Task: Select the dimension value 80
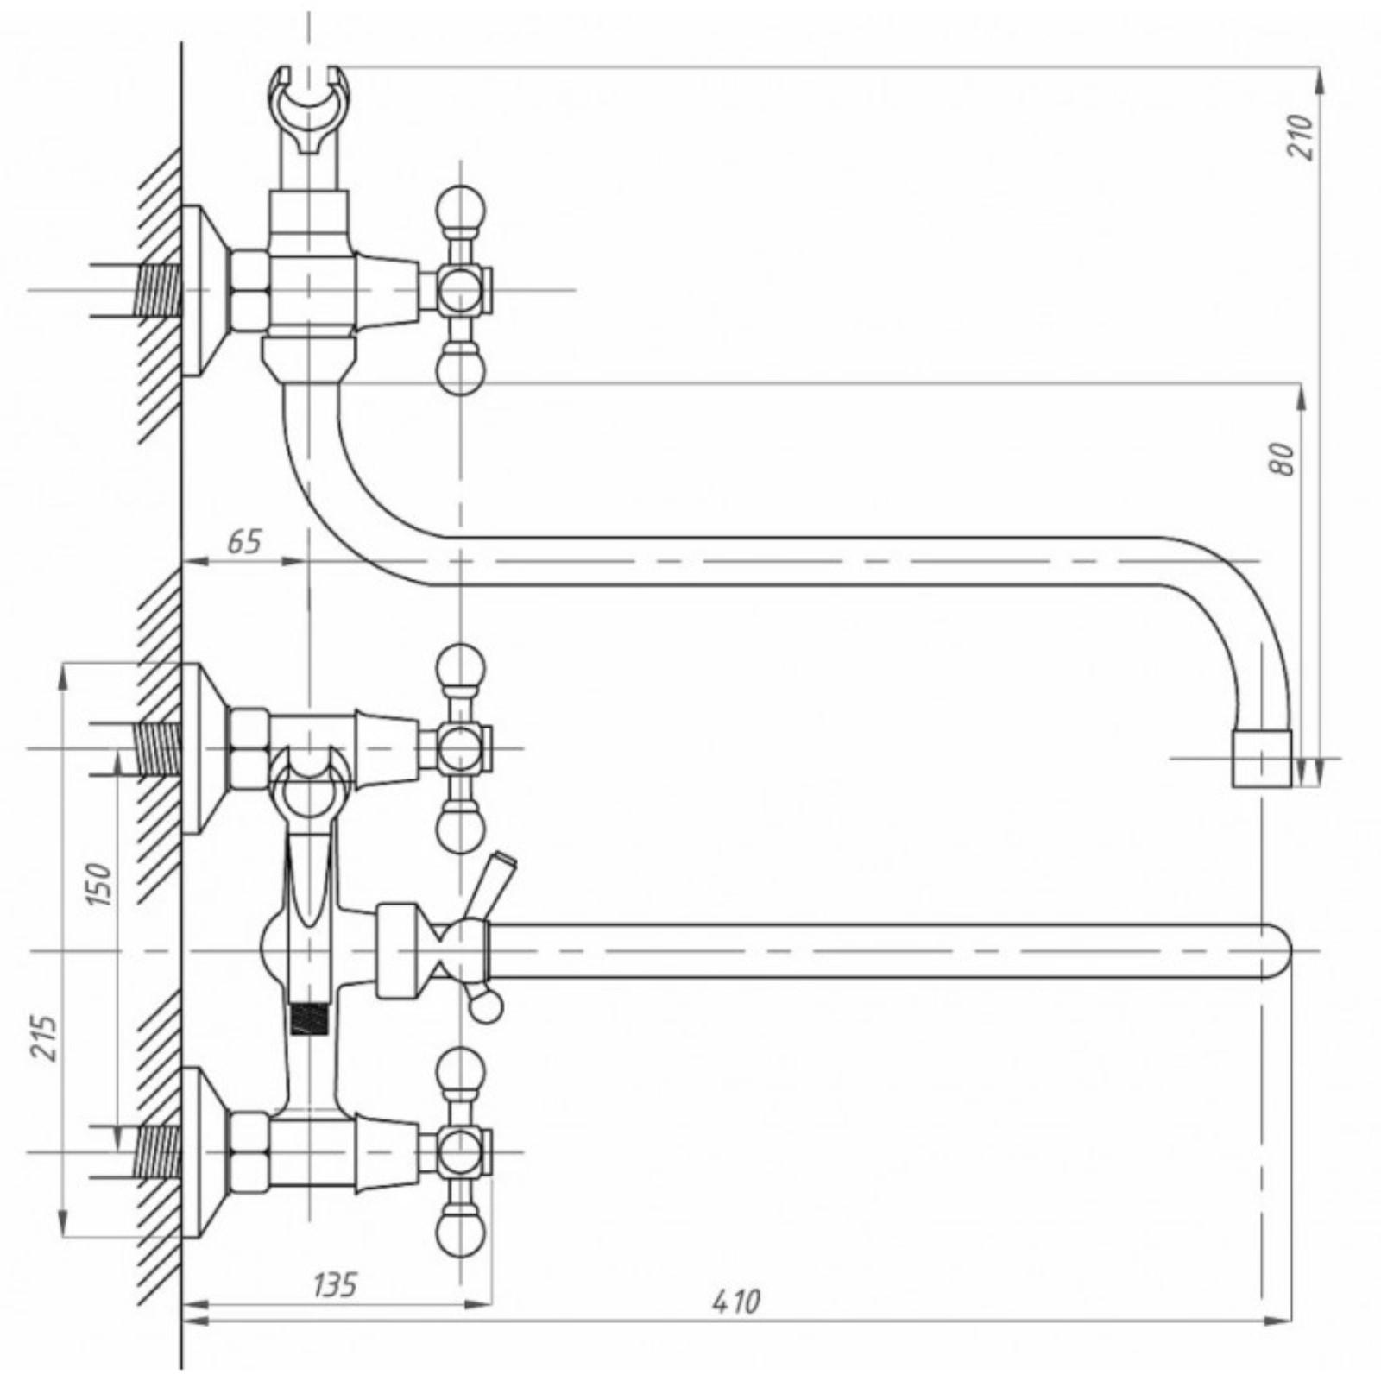click(1283, 458)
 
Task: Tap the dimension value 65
click(244, 542)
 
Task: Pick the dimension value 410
click(736, 1325)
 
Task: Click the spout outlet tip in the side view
click(1262, 758)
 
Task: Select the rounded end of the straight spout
click(1277, 951)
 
